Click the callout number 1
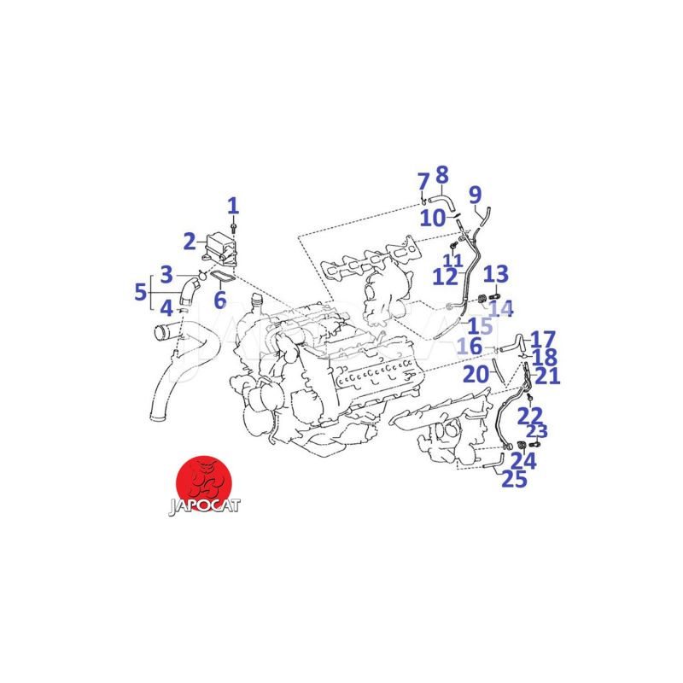coord(233,206)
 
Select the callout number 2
coord(190,242)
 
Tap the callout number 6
coord(220,300)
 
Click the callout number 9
coord(476,195)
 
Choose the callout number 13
coord(496,274)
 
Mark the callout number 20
coord(476,374)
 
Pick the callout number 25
coord(515,479)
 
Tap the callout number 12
coord(445,277)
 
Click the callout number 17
coord(543,340)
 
